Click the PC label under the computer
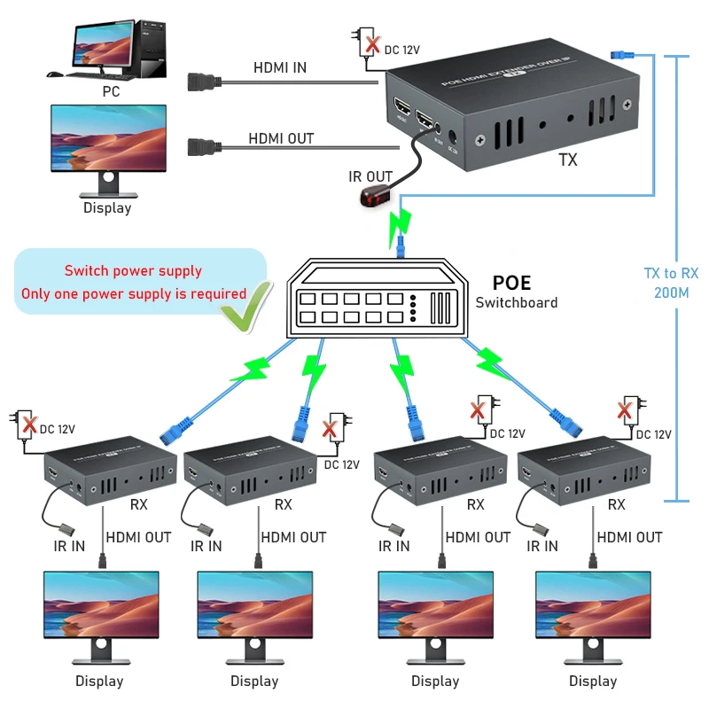coord(110,90)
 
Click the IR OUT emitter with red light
coord(373,198)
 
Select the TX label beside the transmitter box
coord(568,160)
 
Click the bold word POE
coord(511,283)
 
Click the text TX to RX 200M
coord(671,283)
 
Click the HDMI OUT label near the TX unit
coord(281,139)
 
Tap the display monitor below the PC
coord(109,146)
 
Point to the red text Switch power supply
coord(133,271)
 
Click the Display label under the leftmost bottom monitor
coord(99,682)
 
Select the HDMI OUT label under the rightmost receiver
coord(629,537)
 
